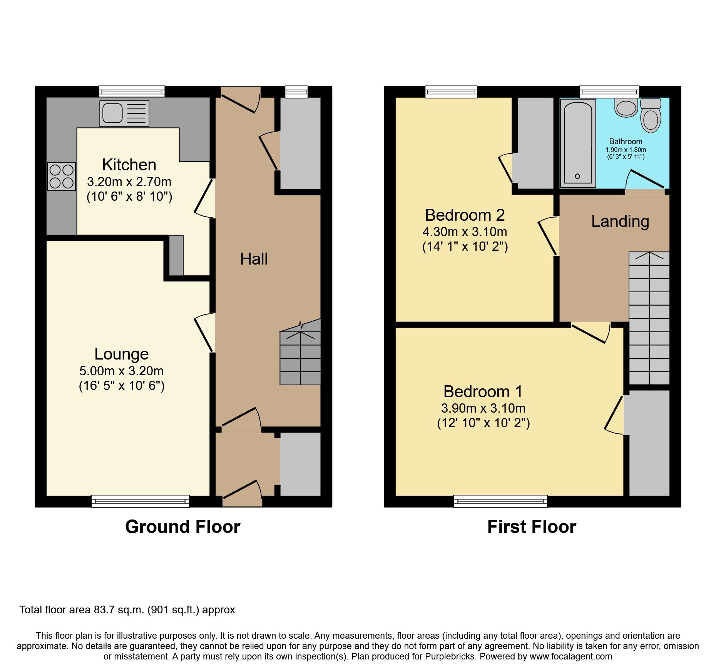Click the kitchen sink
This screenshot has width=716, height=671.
click(124, 114)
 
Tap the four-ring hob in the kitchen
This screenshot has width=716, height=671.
click(62, 176)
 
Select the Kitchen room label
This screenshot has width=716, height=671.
click(129, 165)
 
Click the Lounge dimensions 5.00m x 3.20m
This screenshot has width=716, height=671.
click(121, 371)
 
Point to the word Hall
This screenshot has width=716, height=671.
click(254, 259)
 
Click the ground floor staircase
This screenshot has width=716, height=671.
click(300, 358)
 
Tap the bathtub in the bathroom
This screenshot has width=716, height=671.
click(577, 143)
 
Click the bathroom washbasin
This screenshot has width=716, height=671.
click(626, 107)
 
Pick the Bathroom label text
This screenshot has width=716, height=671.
click(626, 142)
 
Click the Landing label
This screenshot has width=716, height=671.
click(620, 221)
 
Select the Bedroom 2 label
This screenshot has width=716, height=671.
click(465, 215)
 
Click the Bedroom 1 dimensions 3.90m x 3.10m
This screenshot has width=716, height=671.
click(483, 408)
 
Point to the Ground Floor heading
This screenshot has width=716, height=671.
click(182, 527)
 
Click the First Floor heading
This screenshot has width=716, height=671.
click(532, 527)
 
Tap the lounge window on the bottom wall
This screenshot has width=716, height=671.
click(140, 501)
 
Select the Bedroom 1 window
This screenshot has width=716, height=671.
click(500, 501)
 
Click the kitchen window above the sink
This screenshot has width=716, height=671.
click(132, 92)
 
